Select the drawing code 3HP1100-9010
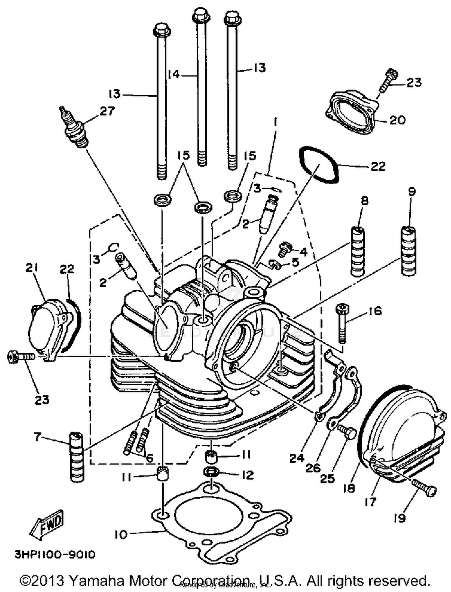click(55, 554)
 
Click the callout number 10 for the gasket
click(121, 535)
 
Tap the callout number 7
click(37, 437)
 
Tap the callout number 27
click(107, 111)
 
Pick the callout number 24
click(297, 459)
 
